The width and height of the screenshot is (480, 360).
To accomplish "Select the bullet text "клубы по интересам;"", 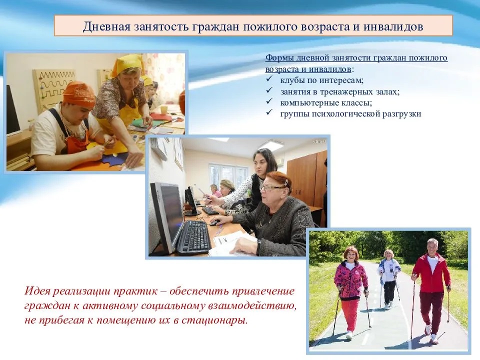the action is (321, 80).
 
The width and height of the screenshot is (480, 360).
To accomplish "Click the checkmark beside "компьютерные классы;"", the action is (269, 101).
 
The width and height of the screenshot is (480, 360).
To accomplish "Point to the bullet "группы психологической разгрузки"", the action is (351, 114).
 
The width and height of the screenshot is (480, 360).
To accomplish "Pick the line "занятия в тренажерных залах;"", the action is (340, 91).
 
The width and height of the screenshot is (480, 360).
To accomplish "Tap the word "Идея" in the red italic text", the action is (37, 290).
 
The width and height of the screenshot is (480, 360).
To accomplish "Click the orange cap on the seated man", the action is (79, 93).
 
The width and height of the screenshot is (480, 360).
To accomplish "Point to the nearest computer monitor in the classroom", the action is (167, 215).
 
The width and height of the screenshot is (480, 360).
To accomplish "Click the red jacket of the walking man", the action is (431, 273).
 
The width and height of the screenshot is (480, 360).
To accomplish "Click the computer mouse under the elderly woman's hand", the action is (215, 222).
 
